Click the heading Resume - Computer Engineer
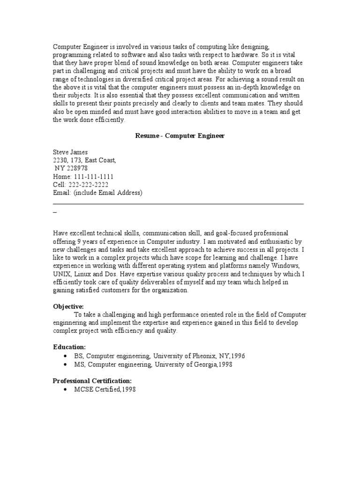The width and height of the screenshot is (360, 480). (x=180, y=136)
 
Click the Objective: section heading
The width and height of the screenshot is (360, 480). (x=68, y=306)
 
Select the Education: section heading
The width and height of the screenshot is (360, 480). (x=69, y=347)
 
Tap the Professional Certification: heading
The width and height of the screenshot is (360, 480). (x=92, y=381)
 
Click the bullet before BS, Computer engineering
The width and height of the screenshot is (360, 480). (x=65, y=356)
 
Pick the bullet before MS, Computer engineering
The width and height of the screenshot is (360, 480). (x=65, y=364)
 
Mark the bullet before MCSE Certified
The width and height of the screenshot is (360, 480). (x=65, y=390)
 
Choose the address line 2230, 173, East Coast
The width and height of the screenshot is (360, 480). (x=84, y=160)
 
